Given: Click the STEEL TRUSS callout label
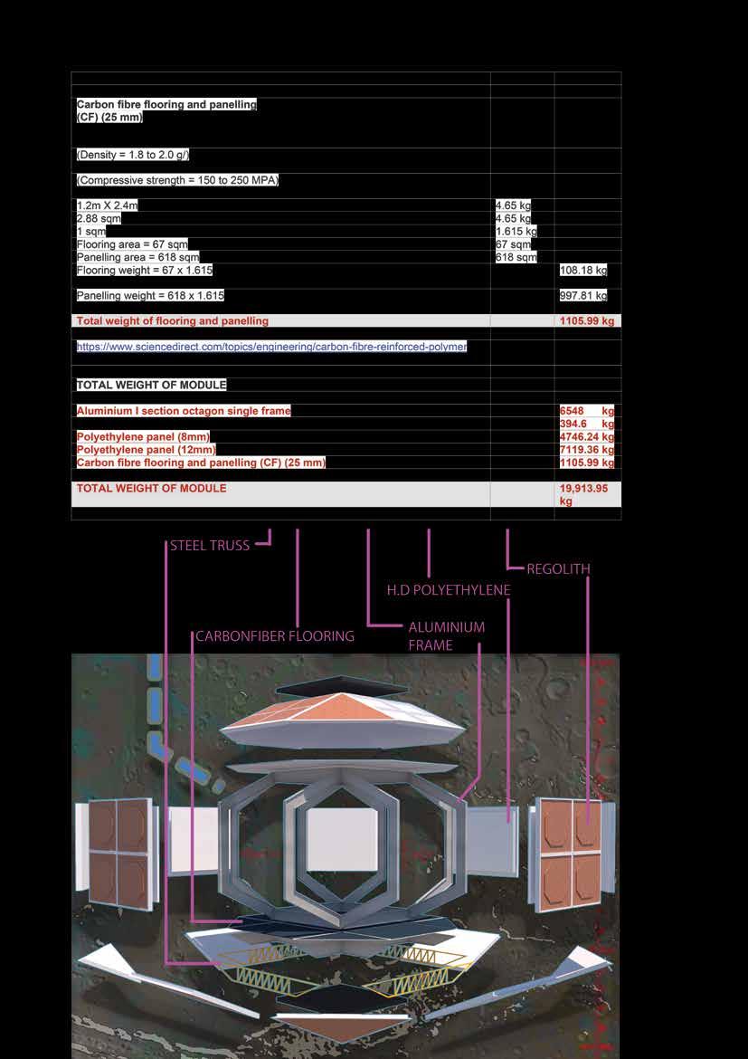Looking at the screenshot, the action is point(210,546).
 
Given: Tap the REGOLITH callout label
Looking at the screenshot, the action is point(558,569).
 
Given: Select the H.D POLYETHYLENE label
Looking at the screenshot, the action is point(449,590).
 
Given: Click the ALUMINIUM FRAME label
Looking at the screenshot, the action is point(446,635).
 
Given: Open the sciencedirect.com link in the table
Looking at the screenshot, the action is point(271,347).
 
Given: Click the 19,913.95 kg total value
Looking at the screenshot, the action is point(585,494).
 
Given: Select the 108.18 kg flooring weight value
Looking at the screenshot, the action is point(583,271).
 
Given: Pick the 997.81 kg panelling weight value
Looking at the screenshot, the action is point(583,296).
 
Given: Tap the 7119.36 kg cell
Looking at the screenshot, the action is point(587,450).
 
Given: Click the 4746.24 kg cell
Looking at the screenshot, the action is point(587,437).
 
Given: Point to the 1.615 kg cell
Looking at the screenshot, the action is point(516,232).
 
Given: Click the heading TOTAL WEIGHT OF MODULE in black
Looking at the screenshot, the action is point(151,385).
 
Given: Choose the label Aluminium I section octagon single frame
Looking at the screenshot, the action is point(184,411).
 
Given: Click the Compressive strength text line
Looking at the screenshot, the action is point(177,181).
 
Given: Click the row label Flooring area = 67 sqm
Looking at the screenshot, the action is point(132,244).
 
